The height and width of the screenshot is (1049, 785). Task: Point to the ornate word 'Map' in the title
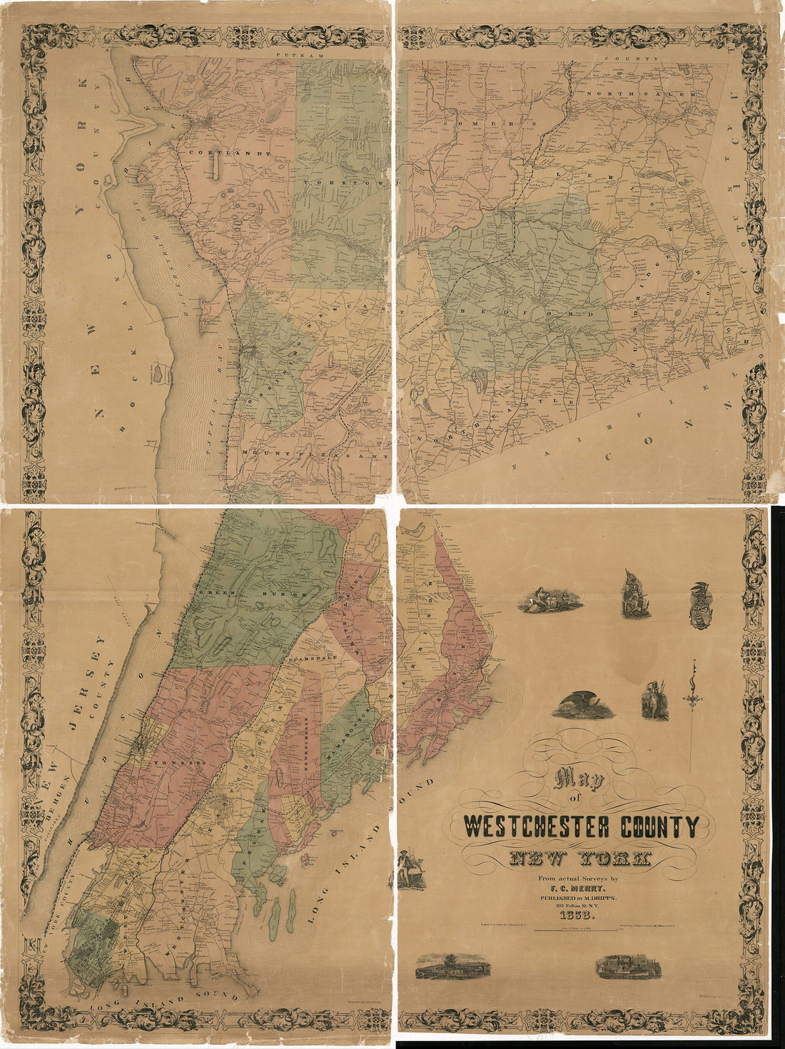coord(579,780)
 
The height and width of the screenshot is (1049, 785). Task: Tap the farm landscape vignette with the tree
coord(453,966)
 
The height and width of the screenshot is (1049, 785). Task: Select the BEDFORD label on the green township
coord(528,313)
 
